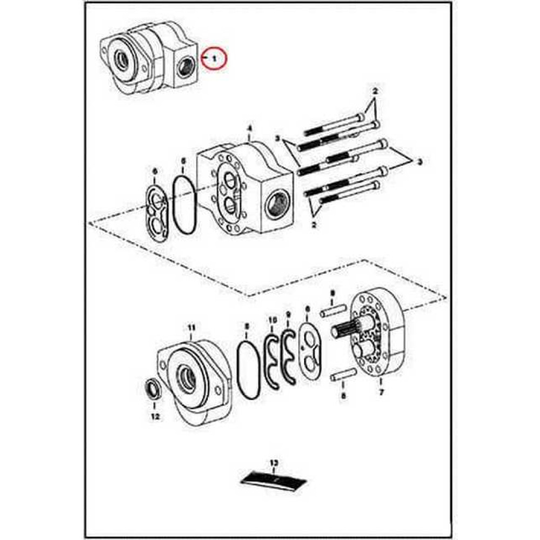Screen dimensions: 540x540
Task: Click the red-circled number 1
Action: click(x=214, y=57)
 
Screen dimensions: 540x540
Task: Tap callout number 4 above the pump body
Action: click(x=249, y=129)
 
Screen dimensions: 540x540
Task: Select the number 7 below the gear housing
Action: click(x=381, y=393)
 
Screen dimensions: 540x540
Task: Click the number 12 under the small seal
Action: click(x=156, y=416)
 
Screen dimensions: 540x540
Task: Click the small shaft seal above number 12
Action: click(x=153, y=388)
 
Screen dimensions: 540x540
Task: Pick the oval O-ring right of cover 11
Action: click(x=248, y=371)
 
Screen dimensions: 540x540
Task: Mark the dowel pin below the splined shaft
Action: click(x=342, y=374)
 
